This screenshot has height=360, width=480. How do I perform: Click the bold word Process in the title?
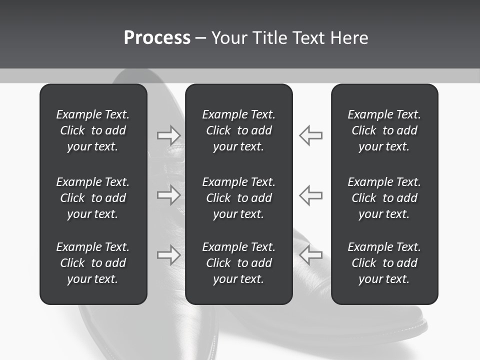[x=157, y=38]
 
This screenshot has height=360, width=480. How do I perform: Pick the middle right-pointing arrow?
[x=169, y=195]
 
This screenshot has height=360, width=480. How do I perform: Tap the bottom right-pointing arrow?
[x=169, y=254]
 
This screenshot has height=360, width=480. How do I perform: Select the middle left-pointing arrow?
[x=310, y=195]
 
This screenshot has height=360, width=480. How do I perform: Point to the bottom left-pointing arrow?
[x=310, y=254]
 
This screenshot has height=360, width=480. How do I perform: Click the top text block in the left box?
[x=92, y=130]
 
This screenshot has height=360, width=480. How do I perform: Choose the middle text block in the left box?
[x=92, y=198]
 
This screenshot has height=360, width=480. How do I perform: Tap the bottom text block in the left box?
[x=92, y=263]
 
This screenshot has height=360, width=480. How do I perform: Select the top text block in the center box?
[x=238, y=130]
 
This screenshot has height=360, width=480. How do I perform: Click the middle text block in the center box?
[x=238, y=198]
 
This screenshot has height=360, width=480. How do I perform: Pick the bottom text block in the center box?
[x=238, y=263]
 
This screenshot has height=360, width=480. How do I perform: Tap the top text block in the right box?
[x=384, y=130]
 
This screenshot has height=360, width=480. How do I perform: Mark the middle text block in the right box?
[x=384, y=198]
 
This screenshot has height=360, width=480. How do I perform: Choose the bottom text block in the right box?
[x=384, y=263]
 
